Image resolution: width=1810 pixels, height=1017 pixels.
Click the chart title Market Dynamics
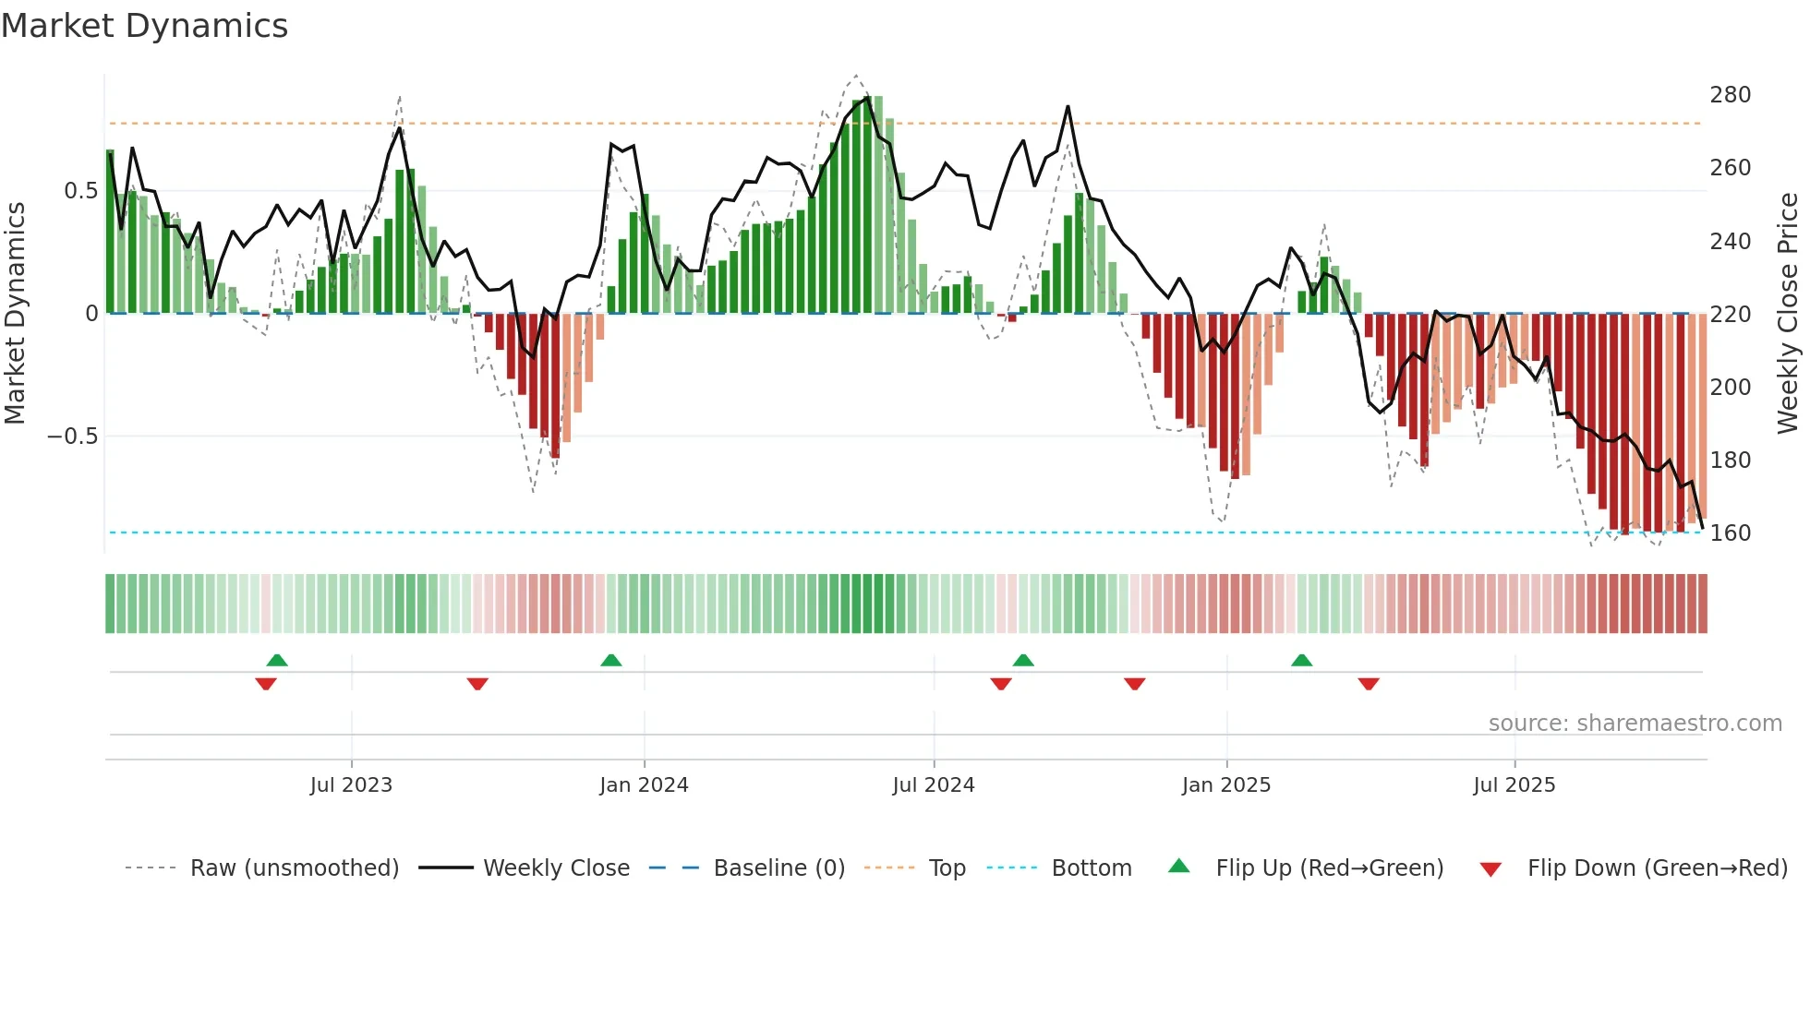pyautogui.click(x=144, y=26)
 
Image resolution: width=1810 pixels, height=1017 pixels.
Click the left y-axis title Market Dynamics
pyautogui.click(x=15, y=314)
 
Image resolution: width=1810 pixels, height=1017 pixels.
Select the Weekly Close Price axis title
pyautogui.click(x=1788, y=314)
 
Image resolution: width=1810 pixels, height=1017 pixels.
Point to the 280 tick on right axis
pyautogui.click(x=1730, y=95)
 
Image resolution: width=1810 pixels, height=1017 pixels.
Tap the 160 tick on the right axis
pyautogui.click(x=1730, y=533)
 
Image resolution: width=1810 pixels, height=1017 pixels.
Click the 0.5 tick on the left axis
pyautogui.click(x=80, y=191)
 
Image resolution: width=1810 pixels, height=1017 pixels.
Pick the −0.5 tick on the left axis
pyautogui.click(x=73, y=437)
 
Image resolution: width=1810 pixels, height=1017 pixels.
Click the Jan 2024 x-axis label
pyautogui.click(x=644, y=785)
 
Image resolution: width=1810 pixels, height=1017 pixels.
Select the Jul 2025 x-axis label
pyautogui.click(x=1514, y=785)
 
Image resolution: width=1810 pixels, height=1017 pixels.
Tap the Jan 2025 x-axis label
pyautogui.click(x=1225, y=785)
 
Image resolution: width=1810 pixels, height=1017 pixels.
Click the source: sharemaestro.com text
pyautogui.click(x=1635, y=724)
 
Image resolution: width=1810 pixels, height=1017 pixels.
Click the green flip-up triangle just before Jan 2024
pyautogui.click(x=610, y=660)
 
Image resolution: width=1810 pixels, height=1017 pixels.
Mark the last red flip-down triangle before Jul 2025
pyautogui.click(x=1369, y=684)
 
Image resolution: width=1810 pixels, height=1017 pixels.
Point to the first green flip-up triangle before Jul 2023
pyautogui.click(x=277, y=660)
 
